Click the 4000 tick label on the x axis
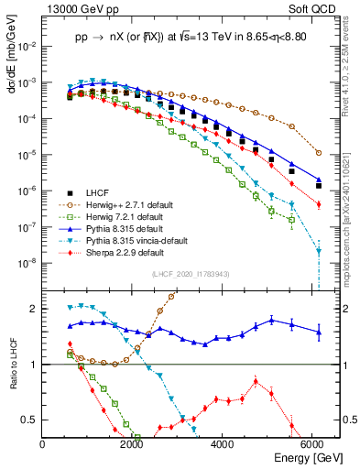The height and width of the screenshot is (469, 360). tap(224, 444)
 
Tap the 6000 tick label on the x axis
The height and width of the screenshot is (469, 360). tap(313, 444)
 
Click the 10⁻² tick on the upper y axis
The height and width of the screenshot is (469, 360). tap(29, 46)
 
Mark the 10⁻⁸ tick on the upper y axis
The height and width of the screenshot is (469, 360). tap(29, 262)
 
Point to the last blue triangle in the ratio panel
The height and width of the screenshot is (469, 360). tap(318, 333)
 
